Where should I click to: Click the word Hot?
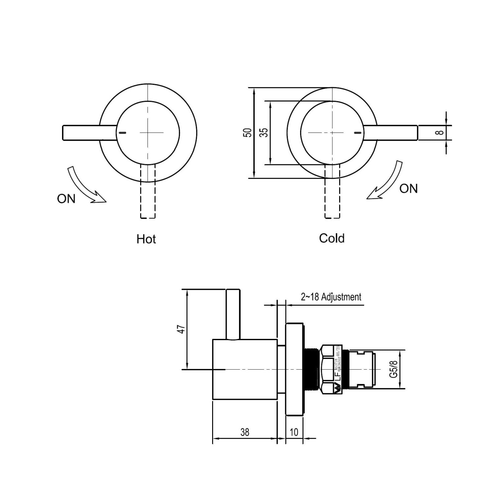146,239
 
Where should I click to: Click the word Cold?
331,239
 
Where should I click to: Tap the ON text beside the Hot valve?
66,199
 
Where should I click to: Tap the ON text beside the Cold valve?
408,189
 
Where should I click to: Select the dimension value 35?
264,133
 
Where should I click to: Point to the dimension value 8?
440,133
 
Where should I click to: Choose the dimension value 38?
244,432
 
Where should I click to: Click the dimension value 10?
294,432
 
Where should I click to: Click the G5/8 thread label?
394,369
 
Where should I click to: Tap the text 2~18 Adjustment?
331,297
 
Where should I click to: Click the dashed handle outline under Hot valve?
148,199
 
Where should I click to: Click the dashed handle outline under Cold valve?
332,199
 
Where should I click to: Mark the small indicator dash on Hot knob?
123,133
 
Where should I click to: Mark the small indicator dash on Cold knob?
358,133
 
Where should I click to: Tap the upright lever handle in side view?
233,314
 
